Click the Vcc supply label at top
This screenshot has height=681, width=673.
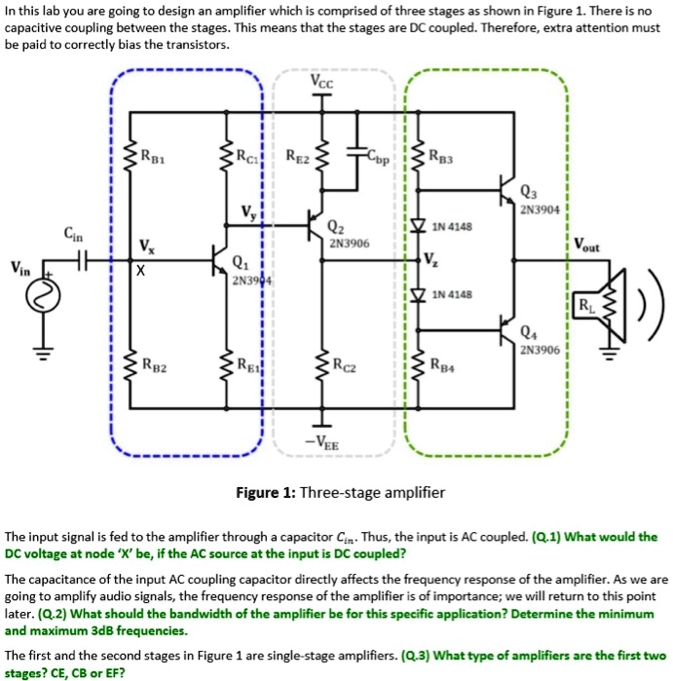pos(322,83)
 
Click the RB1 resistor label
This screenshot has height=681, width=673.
pos(153,154)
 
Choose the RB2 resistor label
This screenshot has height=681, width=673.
pos(153,367)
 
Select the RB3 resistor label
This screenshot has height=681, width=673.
pos(443,154)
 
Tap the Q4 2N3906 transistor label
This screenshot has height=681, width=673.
pos(539,339)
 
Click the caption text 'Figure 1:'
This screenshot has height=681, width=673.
pos(266,493)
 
